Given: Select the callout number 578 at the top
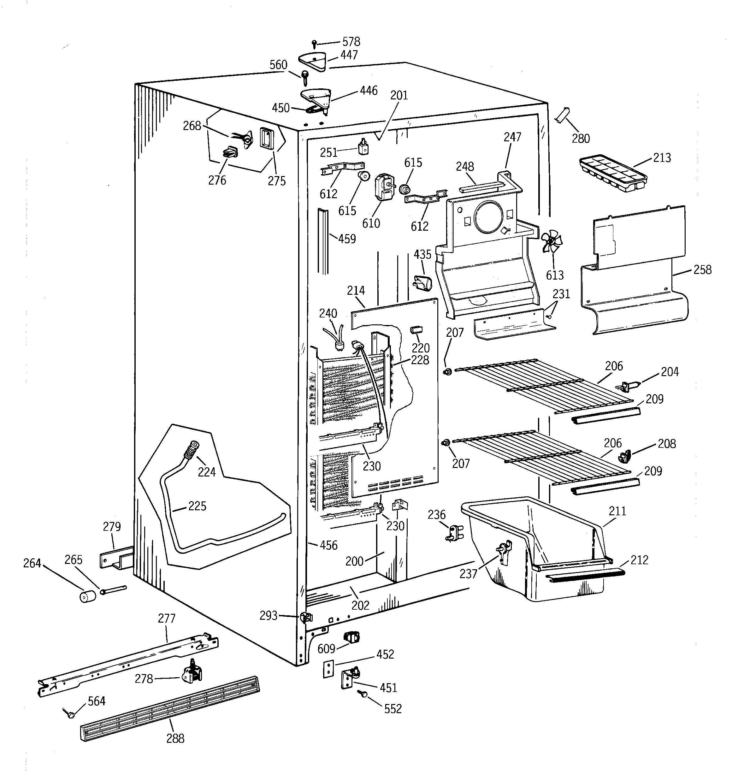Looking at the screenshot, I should coord(351,42).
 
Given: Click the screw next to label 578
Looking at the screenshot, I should coord(314,44).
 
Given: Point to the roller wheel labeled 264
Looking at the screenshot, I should coord(88,596).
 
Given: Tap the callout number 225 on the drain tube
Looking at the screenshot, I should coord(197,506).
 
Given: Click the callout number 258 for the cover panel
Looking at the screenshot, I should coord(702,270).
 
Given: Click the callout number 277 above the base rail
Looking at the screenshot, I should coord(167,618).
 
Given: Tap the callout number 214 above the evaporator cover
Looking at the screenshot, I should coord(356,291).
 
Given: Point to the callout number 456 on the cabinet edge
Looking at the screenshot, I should coord(328,545).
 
